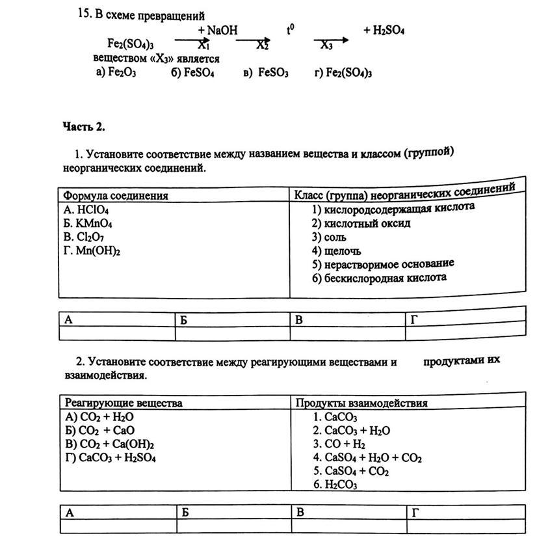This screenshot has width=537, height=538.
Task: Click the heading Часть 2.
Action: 84,126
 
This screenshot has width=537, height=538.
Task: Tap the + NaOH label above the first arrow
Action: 218,31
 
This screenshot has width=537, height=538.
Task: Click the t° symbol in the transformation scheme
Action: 291,30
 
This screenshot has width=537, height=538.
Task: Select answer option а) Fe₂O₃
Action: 116,73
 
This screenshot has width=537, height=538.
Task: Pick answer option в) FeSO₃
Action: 266,74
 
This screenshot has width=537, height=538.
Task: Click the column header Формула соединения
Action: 116,196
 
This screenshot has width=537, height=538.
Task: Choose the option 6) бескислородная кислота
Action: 379,278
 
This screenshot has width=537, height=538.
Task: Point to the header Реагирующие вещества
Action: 123,403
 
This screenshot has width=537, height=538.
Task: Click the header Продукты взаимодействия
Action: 361,403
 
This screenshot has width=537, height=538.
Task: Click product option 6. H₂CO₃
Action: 335,485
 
